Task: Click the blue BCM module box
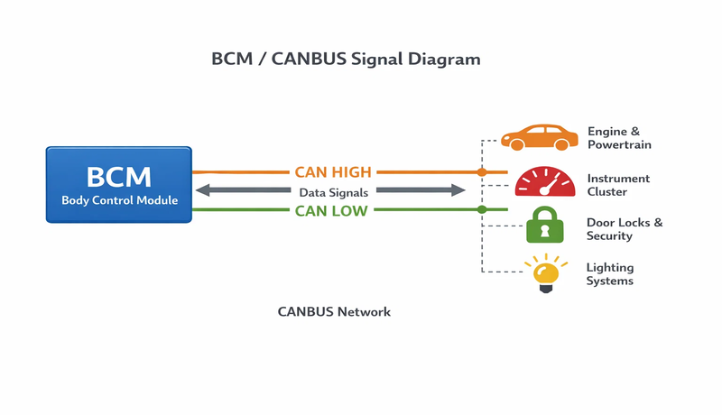pos(118,185)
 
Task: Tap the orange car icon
pos(540,137)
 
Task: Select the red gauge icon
pos(544,180)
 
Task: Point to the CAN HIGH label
pos(333,171)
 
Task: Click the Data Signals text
pos(333,191)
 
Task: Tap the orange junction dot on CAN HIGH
pos(482,171)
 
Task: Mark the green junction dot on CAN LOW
pos(482,209)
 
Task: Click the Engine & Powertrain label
pos(619,138)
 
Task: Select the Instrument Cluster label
pos(618,185)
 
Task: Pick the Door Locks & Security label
pos(624,229)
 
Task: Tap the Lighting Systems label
pos(610,274)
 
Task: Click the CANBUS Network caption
pos(334,312)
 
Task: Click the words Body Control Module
pos(119,199)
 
